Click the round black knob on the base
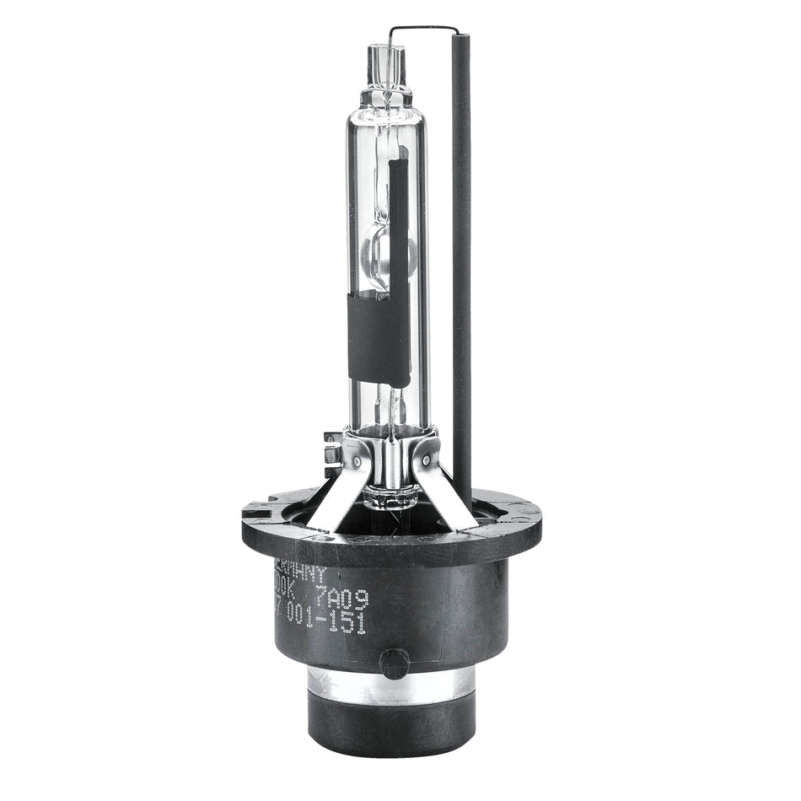tap(394, 663)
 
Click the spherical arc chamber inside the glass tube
tap(388, 253)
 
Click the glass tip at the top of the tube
tap(386, 63)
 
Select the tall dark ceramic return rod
tap(461, 253)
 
